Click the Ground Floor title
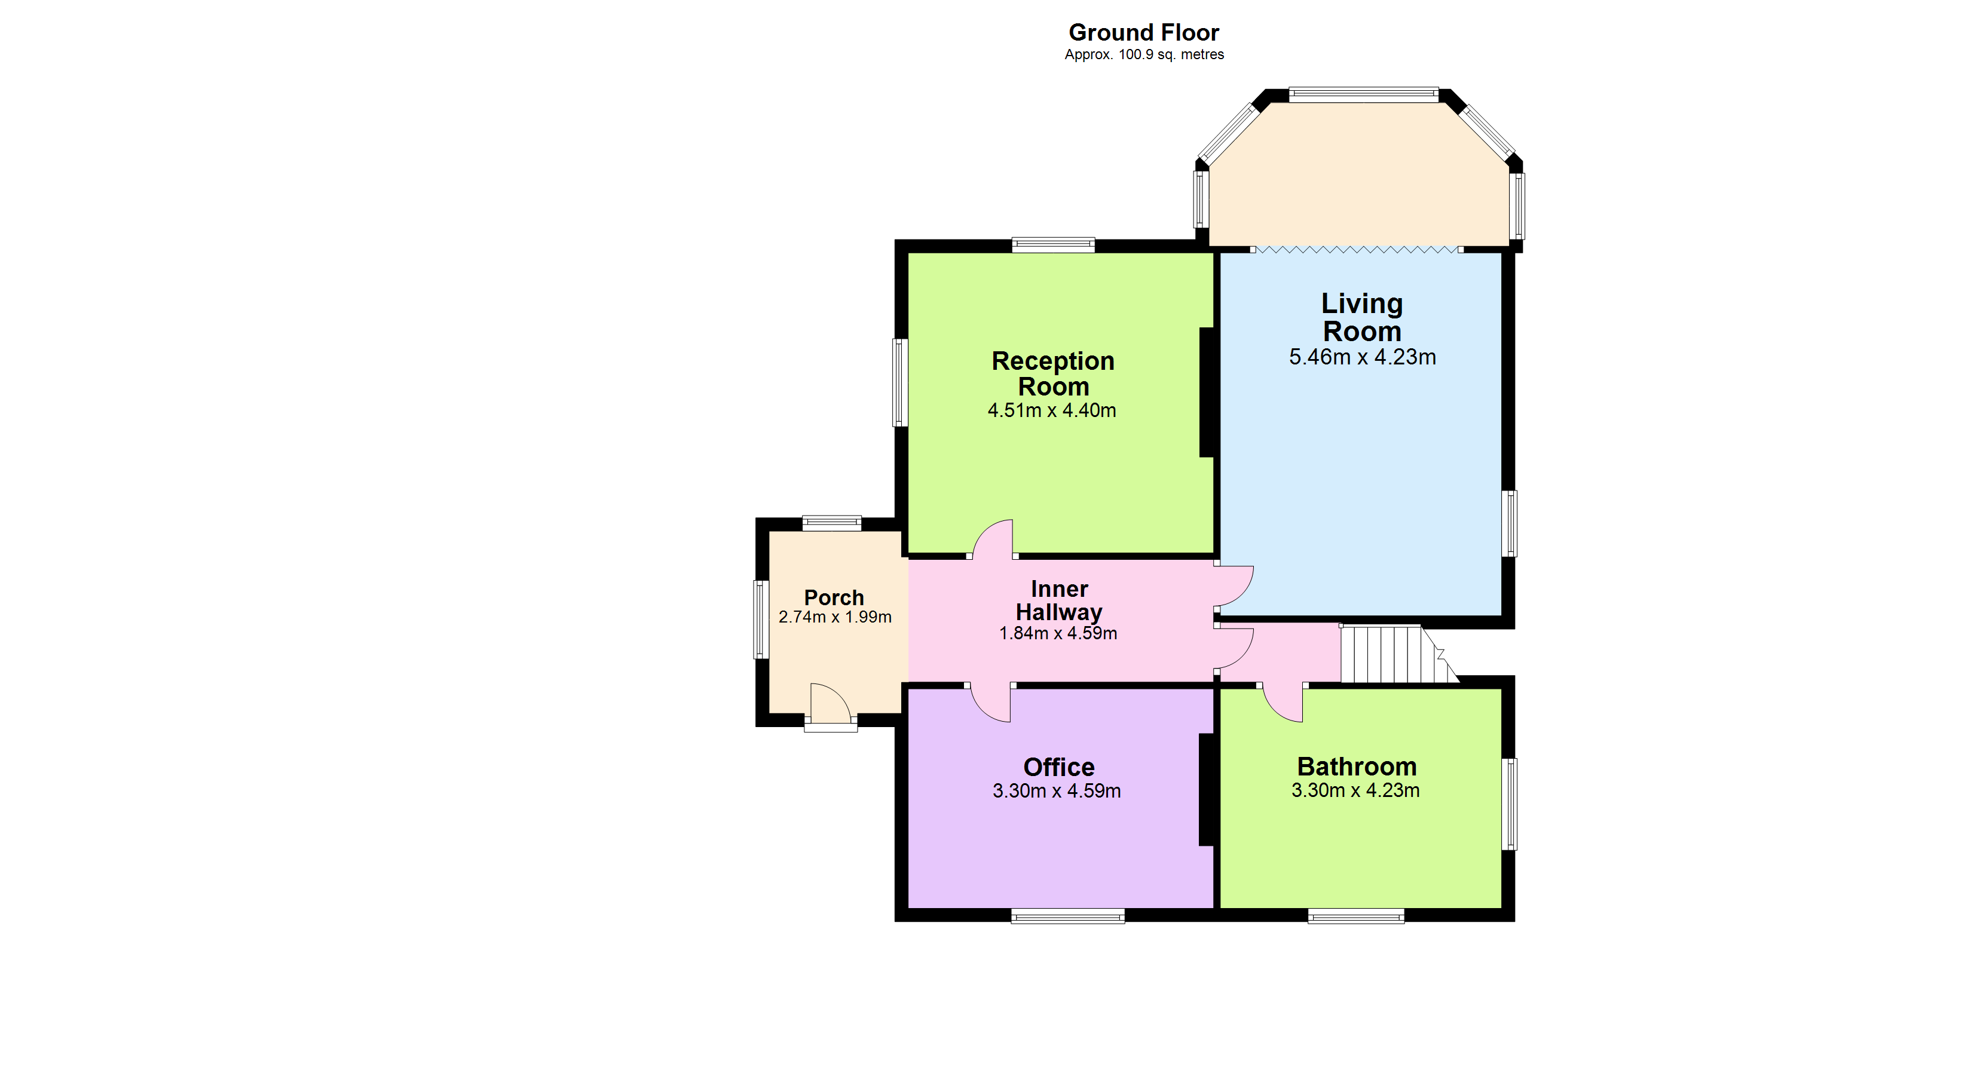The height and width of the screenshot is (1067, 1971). [x=1143, y=32]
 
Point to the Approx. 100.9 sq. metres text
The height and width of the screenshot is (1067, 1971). [x=1144, y=54]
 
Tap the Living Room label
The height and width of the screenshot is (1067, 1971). [x=1362, y=317]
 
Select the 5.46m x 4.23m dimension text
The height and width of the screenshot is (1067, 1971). [x=1362, y=357]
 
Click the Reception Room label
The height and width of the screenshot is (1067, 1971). [x=1053, y=373]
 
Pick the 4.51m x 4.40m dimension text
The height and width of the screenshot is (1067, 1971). [x=1051, y=411]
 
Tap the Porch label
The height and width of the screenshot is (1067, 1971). [x=834, y=597]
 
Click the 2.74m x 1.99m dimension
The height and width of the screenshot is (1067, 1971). [x=835, y=617]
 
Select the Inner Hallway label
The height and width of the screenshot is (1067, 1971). [x=1059, y=600]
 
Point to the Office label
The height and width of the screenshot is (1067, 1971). [x=1059, y=767]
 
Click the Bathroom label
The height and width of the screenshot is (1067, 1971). [x=1357, y=766]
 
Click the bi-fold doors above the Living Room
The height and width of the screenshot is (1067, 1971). [x=1357, y=249]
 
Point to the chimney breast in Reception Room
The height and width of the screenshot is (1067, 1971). [x=1207, y=393]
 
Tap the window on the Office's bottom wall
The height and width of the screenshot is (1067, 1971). [x=1067, y=916]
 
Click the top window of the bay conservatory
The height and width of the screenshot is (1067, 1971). [x=1363, y=95]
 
